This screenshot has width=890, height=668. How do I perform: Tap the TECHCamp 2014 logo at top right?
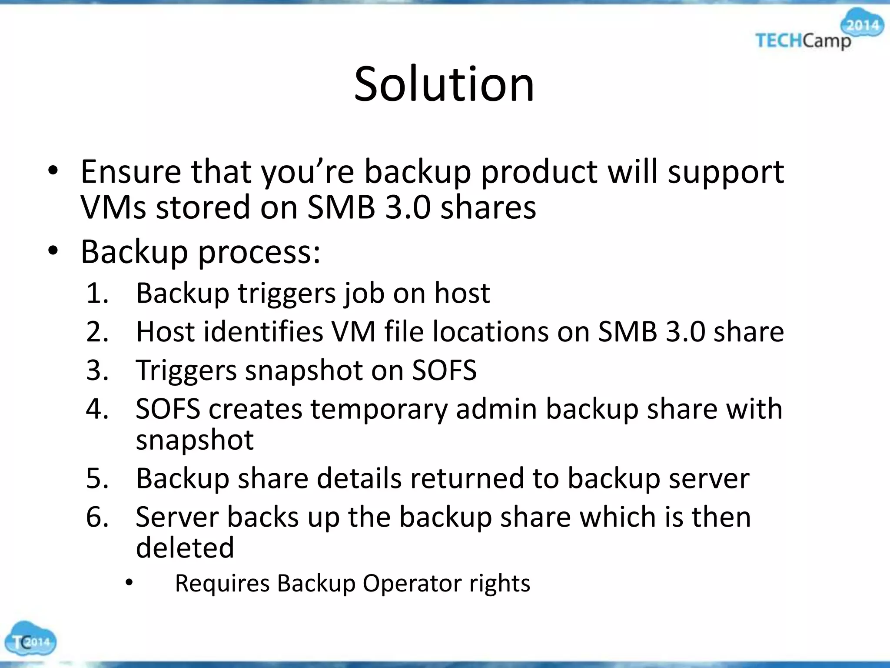point(817,33)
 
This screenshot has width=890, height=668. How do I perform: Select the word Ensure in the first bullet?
point(131,172)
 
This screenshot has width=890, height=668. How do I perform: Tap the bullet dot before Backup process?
point(53,251)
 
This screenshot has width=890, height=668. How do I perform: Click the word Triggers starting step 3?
point(186,371)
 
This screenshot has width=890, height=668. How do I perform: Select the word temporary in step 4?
point(378,410)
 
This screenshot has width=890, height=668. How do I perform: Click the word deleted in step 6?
point(185,548)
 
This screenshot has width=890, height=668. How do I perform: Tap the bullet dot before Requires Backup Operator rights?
point(129,583)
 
